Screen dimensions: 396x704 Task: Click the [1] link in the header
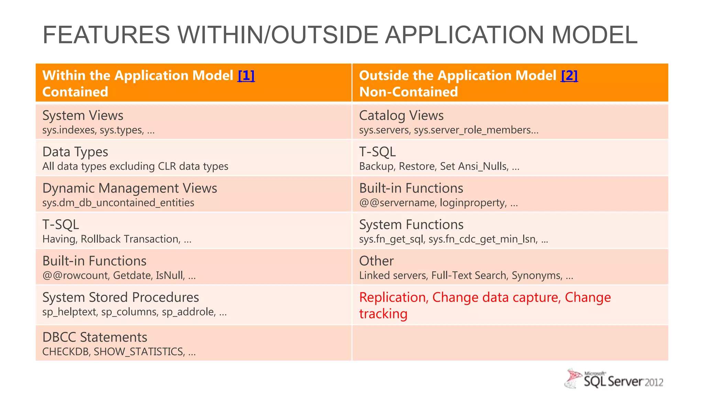click(x=246, y=76)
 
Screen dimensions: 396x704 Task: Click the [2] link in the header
click(x=569, y=76)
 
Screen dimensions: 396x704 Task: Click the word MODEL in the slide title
click(x=594, y=35)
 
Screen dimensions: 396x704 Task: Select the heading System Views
click(x=82, y=115)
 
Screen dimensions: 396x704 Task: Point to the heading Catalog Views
click(x=401, y=115)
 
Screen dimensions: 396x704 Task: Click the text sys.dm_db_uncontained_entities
click(x=118, y=203)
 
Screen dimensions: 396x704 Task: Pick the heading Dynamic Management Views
click(x=130, y=188)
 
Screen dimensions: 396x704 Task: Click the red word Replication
click(x=392, y=297)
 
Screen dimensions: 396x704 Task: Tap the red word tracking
click(x=383, y=314)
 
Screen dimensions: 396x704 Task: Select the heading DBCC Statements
click(x=95, y=337)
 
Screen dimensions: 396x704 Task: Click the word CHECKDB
click(x=65, y=352)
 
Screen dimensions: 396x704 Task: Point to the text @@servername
click(x=397, y=203)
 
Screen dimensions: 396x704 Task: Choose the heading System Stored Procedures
click(x=121, y=297)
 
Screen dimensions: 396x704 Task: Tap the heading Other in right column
click(x=376, y=261)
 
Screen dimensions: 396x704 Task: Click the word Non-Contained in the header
click(x=408, y=92)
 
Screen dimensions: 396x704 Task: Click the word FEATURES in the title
click(x=106, y=35)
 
